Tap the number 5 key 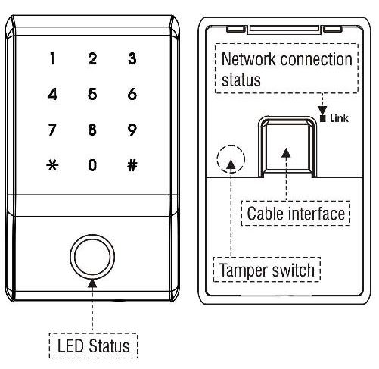pos(92,95)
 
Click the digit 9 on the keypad pos(132,130)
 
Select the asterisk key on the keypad pos(52,165)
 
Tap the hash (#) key pos(132,165)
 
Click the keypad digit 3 pos(132,59)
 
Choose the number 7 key pos(52,130)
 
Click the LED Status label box pos(94,346)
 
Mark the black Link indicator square pos(324,117)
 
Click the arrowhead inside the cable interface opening pos(286,154)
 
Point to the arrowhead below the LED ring pos(92,283)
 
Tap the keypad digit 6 pos(132,95)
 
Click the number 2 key pos(92,59)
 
